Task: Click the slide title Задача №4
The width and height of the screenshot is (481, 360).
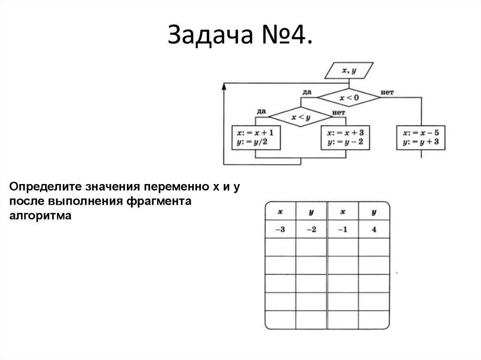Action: tap(240, 37)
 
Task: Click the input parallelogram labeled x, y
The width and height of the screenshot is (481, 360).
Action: tap(349, 71)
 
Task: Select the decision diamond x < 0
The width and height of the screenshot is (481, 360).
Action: tap(349, 98)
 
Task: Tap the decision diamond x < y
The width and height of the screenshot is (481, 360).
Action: tap(301, 117)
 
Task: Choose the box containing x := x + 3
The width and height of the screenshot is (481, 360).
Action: tap(345, 137)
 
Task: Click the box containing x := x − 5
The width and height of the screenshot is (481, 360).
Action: tap(420, 137)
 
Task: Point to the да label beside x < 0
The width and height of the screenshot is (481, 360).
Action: tap(307, 92)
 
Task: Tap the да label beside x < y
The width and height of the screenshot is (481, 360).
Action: tap(262, 111)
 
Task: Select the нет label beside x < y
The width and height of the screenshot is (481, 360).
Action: tap(339, 113)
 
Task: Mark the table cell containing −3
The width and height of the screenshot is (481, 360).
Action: tap(280, 230)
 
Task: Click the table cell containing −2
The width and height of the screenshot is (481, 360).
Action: tap(311, 230)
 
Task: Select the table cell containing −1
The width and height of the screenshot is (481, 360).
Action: tap(342, 230)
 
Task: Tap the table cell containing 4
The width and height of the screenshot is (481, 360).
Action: tap(374, 230)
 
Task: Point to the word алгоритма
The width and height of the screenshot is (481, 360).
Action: tap(39, 216)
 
